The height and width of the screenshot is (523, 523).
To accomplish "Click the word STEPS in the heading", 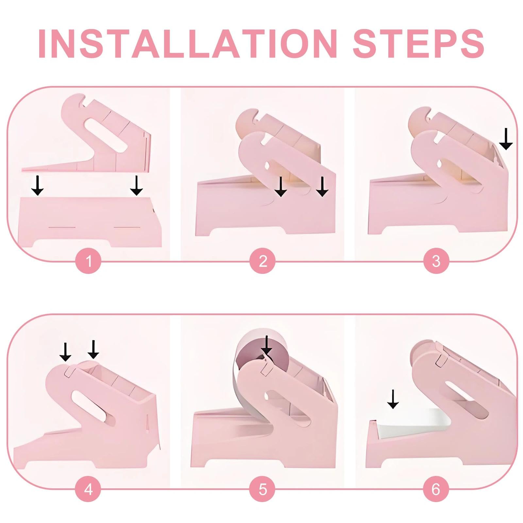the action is (x=419, y=43).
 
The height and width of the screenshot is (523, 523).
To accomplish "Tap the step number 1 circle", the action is (x=88, y=261).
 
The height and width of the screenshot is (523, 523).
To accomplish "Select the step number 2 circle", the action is (x=262, y=261).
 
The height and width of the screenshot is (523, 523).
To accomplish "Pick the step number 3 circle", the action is (x=436, y=261).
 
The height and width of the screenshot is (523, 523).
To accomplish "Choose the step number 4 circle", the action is (x=88, y=489).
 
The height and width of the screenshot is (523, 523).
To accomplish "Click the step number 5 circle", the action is (x=262, y=489).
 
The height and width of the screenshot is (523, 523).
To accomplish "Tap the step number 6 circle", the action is (x=436, y=489).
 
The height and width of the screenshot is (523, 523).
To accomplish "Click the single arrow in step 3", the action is (x=506, y=139).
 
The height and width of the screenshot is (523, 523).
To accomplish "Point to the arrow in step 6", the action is (x=393, y=399).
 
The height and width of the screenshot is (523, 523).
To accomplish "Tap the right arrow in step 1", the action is (x=136, y=185).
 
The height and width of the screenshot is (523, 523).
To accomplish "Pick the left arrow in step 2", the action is (x=280, y=187).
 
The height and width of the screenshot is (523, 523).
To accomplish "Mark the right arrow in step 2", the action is (x=322, y=187).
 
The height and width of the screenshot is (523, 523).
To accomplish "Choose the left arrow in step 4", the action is (x=65, y=352).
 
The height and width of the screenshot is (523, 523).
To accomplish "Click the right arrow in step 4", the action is (x=93, y=349).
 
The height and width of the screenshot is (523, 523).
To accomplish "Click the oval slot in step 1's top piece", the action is (x=106, y=133).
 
